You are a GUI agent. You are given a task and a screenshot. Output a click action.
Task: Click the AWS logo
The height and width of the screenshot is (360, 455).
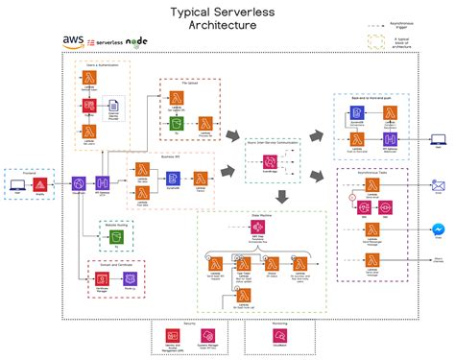[73, 41]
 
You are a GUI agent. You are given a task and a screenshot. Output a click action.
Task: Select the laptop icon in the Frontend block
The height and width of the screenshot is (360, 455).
[16, 183]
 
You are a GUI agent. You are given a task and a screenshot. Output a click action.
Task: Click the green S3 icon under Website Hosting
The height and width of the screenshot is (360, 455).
[113, 235]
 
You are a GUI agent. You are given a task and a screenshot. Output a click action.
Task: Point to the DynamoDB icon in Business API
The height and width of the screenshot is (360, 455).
[172, 178]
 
